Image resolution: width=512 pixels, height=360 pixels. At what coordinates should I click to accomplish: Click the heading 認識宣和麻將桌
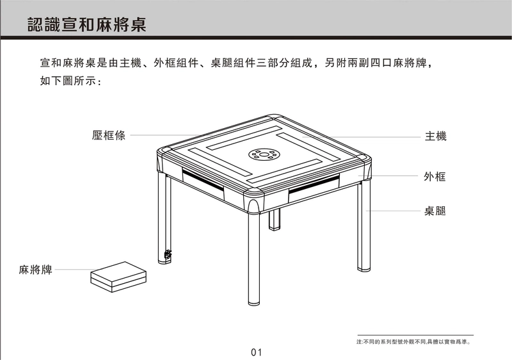tap(87, 24)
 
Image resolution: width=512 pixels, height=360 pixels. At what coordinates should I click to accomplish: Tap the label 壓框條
tap(109, 135)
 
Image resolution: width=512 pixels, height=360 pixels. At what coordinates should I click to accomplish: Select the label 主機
tap(436, 136)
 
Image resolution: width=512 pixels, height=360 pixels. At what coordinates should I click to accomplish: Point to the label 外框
tap(435, 177)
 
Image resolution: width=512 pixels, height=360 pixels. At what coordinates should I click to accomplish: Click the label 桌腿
tap(435, 211)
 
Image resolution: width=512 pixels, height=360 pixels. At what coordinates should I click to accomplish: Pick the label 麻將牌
tap(36, 270)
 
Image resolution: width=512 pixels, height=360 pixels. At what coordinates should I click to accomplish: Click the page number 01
tap(257, 352)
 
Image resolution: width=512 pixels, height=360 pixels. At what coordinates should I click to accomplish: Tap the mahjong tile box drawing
tap(118, 277)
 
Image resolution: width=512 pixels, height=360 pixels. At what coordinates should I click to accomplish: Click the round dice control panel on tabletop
tap(264, 154)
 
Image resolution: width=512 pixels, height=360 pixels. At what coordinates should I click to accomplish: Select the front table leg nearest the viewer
tap(253, 259)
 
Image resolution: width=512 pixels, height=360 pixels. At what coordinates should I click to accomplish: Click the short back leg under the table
tap(275, 220)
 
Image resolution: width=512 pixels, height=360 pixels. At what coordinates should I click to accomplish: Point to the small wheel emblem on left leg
tap(168, 254)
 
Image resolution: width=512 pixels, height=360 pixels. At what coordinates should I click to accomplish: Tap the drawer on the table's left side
tap(203, 184)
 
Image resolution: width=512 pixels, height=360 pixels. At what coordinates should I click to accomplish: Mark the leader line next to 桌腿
tap(393, 211)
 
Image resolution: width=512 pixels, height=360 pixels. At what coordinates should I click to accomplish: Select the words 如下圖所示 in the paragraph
tap(68, 81)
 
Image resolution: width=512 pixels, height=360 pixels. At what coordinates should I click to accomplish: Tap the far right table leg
tap(364, 226)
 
